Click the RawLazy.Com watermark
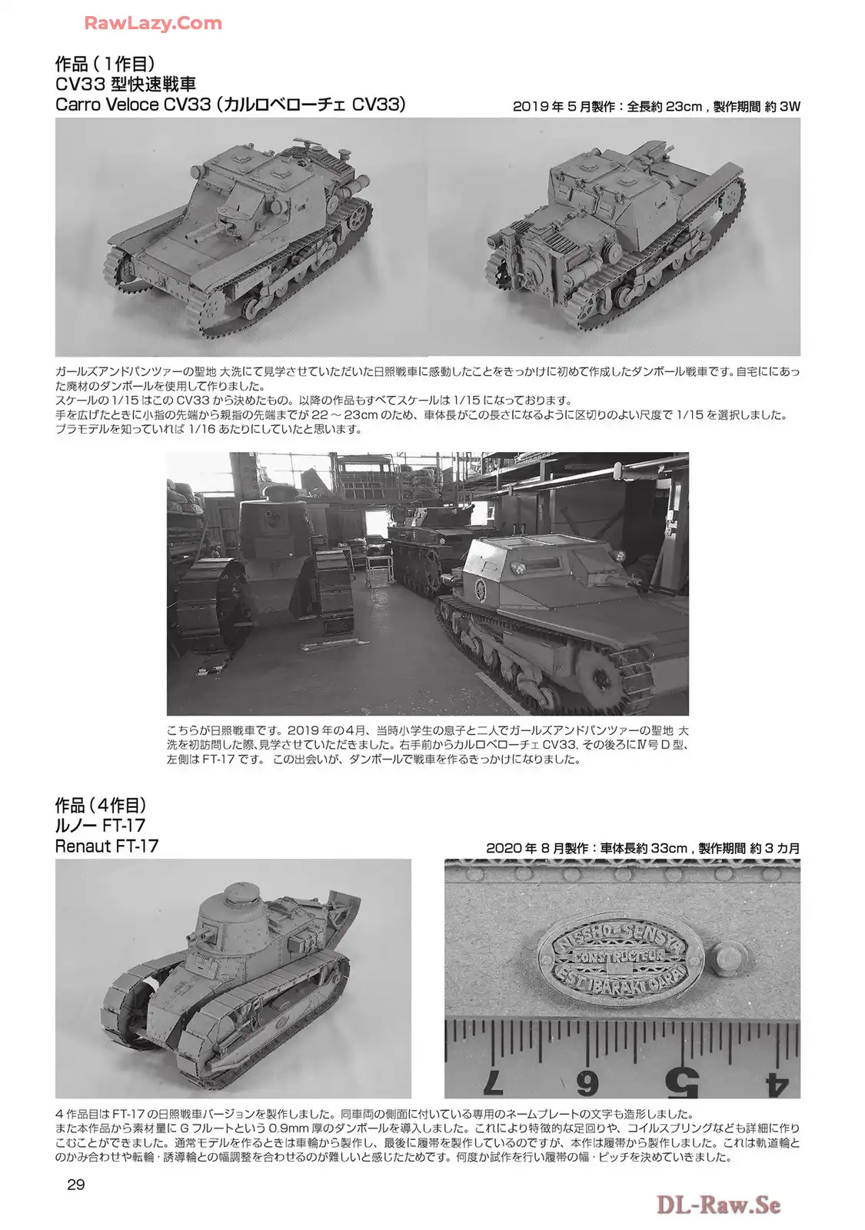click(153, 23)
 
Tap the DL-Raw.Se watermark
click(718, 1204)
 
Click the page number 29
click(76, 1185)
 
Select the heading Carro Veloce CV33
click(133, 105)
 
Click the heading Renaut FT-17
click(107, 846)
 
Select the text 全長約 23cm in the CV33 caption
click(664, 107)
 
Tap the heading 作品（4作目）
click(101, 806)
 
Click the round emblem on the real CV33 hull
click(481, 590)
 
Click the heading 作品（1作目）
click(105, 65)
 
